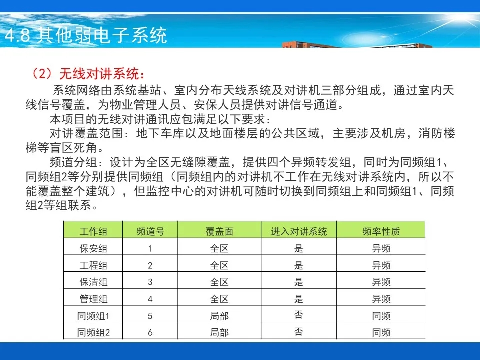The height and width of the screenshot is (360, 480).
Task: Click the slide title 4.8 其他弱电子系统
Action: (86, 35)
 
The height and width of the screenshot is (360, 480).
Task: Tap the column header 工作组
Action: (93, 231)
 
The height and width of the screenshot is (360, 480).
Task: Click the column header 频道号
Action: (150, 231)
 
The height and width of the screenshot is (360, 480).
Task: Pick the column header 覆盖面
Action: (219, 231)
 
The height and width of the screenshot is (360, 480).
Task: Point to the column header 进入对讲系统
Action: (299, 231)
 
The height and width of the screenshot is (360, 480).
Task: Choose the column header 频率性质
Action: (381, 231)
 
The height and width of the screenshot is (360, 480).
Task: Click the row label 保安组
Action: (93, 248)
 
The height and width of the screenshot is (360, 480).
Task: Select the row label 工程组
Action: (93, 265)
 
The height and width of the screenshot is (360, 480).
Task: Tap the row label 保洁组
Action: (93, 282)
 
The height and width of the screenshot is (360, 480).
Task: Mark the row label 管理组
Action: (93, 299)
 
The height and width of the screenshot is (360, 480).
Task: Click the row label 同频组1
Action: (93, 316)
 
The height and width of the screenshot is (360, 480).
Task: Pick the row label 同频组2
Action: (93, 332)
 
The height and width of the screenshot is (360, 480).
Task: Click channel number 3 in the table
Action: (150, 282)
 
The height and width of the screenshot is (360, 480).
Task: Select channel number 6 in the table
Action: (150, 333)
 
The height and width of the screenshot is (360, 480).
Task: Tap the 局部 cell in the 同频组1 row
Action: (219, 316)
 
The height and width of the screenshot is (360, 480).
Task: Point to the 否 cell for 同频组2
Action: (299, 331)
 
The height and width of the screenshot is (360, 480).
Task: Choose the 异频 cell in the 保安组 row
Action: (381, 248)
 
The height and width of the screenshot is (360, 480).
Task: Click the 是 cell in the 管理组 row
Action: (299, 299)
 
